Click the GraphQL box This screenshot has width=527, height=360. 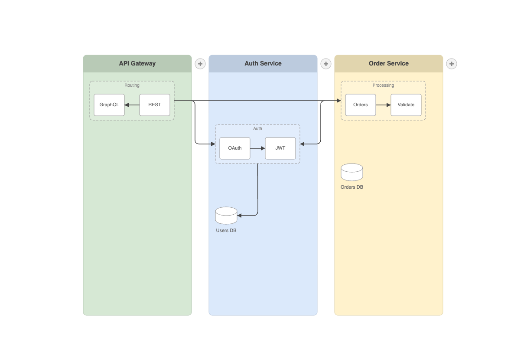(109, 105)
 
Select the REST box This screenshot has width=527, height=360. (155, 105)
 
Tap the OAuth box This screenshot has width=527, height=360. (235, 148)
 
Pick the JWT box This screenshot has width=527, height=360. (280, 148)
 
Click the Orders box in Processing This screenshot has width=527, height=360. (361, 105)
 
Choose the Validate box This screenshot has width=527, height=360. (406, 105)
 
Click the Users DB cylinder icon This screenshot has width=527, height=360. (226, 216)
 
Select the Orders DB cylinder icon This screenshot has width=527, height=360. (352, 172)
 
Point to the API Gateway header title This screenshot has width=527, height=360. (137, 63)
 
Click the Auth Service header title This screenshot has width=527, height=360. (263, 63)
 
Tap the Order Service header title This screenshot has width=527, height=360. (389, 63)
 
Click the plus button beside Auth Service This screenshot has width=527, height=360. (326, 64)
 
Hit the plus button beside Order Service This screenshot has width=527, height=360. (452, 64)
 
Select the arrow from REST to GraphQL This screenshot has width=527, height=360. (132, 105)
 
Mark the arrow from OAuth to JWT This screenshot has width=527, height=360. (258, 148)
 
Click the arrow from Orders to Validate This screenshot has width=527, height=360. (384, 105)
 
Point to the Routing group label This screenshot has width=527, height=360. (132, 85)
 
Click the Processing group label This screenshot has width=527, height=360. (384, 85)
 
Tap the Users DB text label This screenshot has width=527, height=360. (226, 231)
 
